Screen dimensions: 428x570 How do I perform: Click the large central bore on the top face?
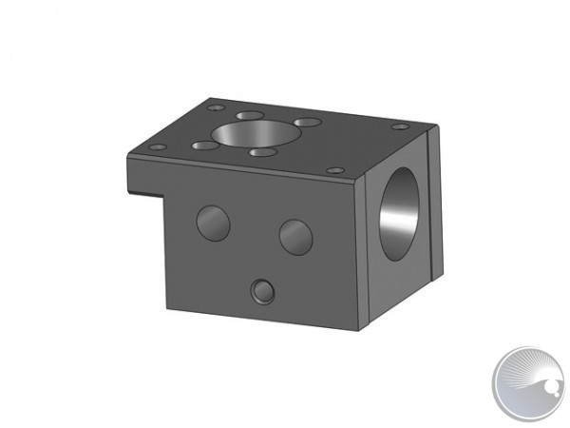[244, 135]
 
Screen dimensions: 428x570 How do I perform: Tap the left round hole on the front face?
[213, 223]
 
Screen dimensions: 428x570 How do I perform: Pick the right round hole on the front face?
[295, 236]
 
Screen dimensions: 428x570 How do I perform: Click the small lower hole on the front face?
[262, 291]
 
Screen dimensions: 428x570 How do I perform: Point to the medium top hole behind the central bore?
[250, 115]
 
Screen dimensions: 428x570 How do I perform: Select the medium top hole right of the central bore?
[306, 123]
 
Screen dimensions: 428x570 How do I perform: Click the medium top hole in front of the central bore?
[263, 151]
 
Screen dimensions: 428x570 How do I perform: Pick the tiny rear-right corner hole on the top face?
[401, 126]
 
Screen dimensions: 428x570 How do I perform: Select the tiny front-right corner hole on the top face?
[334, 169]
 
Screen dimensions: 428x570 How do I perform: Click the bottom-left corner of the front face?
[166, 309]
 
